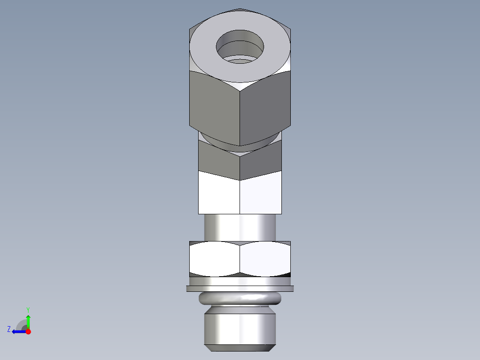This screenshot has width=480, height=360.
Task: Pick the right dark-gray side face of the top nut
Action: pyautogui.click(x=265, y=107)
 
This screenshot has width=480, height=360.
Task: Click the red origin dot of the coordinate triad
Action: pyautogui.click(x=28, y=331)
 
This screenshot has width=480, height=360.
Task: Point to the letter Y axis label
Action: pyautogui.click(x=28, y=309)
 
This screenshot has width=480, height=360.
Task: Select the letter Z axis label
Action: pyautogui.click(x=9, y=329)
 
